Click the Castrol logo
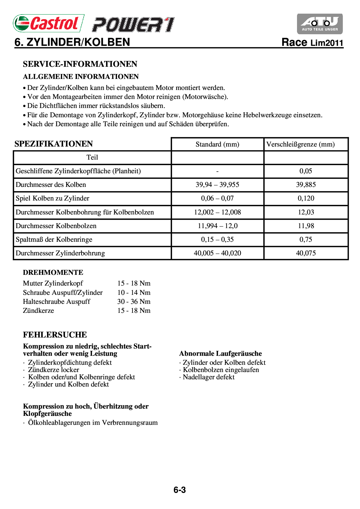48,23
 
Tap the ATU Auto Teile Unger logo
320,24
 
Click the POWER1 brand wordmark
133,25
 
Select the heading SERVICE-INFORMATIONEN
80,64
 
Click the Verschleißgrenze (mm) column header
300,144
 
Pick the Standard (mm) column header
217,144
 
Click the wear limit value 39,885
306,185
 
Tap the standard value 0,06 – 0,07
217,198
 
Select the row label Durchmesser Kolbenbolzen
56,226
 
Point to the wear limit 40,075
306,253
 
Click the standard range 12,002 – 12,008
217,212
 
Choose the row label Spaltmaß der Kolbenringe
54,239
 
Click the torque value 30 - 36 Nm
134,302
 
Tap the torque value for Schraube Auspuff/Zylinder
134,293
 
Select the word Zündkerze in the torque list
38,311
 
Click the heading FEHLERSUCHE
55,335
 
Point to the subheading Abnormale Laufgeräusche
220,353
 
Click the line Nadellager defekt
208,377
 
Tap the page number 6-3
179,490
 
